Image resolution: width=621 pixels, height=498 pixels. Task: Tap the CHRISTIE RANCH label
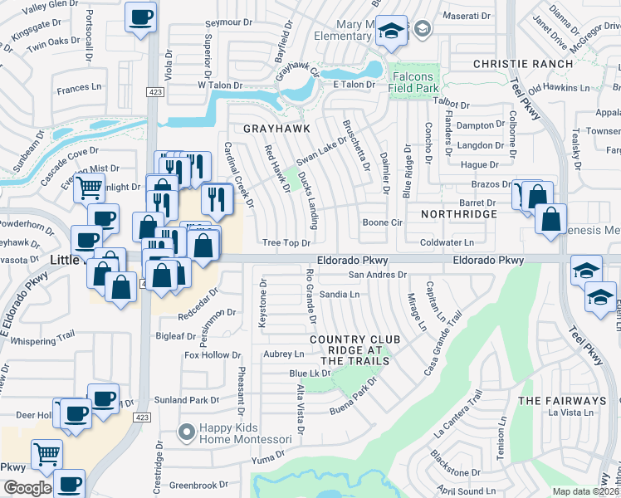pyautogui.click(x=523, y=64)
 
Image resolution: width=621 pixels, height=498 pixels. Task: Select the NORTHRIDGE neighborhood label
pyautogui.click(x=458, y=214)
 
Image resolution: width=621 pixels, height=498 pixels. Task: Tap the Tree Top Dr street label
pyautogui.click(x=286, y=243)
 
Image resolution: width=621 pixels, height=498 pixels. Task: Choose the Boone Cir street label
pyautogui.click(x=382, y=222)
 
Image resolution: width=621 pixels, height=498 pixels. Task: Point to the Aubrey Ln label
pyautogui.click(x=280, y=354)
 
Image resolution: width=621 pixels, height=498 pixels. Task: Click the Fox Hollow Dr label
pyautogui.click(x=212, y=355)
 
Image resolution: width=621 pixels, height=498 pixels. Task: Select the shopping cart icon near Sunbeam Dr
pyautogui.click(x=89, y=187)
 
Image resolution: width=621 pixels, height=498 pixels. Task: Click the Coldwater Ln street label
pyautogui.click(x=446, y=242)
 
